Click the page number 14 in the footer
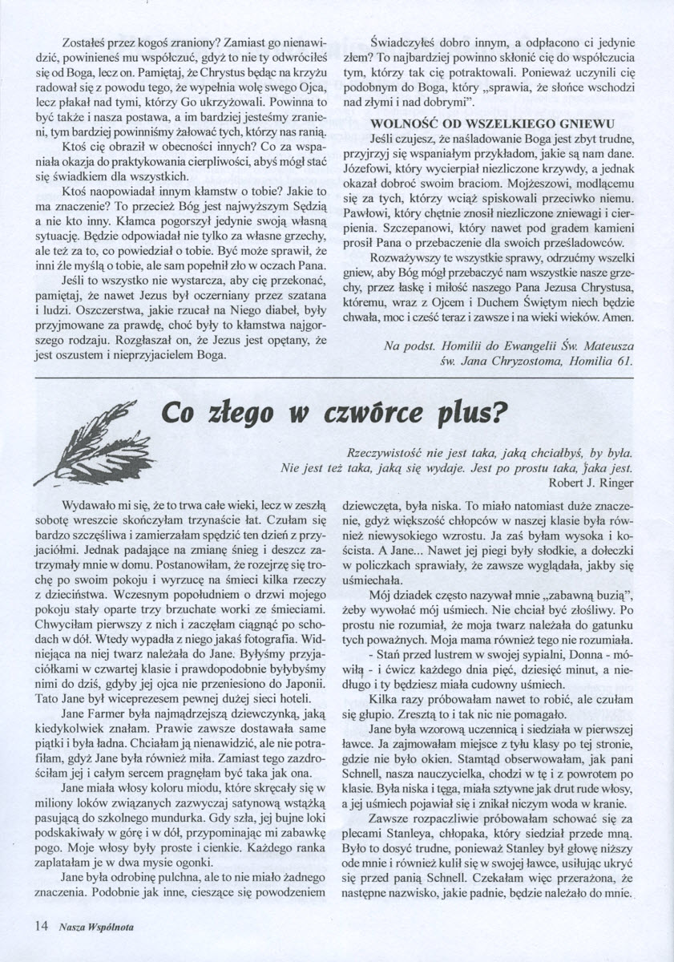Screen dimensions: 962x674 point(42,925)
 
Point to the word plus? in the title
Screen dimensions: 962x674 point(470,414)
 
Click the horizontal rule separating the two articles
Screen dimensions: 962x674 point(337,378)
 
